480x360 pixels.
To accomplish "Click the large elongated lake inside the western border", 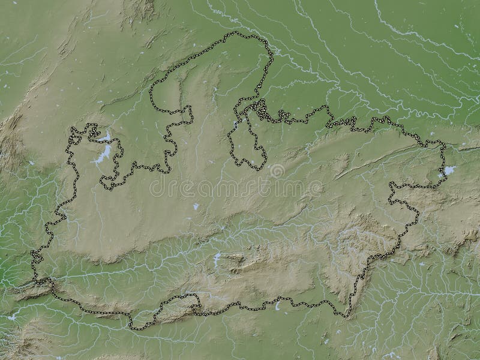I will click(x=103, y=154).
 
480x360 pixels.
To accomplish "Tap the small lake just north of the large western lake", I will click(x=106, y=137).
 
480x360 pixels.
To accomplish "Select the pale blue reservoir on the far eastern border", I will click(x=448, y=171).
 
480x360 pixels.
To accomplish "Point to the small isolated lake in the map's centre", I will click(x=196, y=206).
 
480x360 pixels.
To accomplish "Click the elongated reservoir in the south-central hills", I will click(x=217, y=259).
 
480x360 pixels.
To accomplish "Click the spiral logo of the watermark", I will click(x=277, y=171).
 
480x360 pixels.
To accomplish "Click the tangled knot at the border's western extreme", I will click(x=35, y=258).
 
